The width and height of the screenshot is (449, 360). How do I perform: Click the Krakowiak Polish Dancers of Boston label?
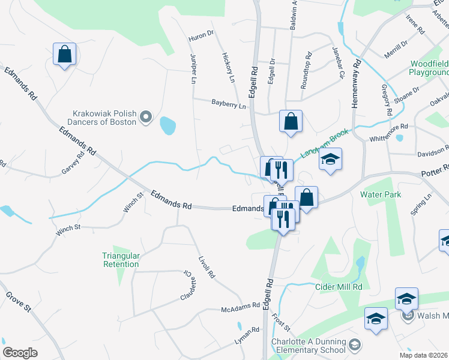coord(104,117)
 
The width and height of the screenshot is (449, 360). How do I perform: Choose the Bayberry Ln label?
coord(229,105)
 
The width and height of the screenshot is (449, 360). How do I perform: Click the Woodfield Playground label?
coord(430,68)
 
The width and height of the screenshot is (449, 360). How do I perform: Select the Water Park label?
coord(381,194)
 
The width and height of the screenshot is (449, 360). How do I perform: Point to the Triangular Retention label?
coord(121,260)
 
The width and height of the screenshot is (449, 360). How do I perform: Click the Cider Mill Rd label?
coord(340,287)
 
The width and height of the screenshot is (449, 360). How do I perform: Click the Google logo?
coord(20,353)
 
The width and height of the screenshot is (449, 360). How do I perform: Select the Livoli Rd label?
coord(206,266)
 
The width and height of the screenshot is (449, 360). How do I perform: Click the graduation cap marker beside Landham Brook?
coord(330,160)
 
